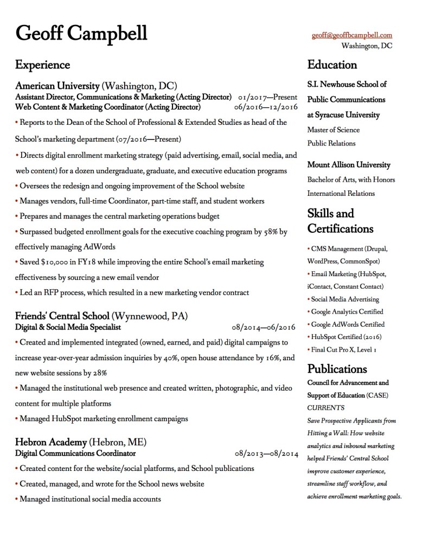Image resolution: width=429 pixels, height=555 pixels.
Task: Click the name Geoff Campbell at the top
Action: pyautogui.click(x=81, y=33)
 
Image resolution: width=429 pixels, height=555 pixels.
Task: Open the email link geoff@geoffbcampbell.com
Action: pyautogui.click(x=351, y=35)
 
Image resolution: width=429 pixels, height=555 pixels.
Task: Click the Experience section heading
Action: pyautogui.click(x=42, y=65)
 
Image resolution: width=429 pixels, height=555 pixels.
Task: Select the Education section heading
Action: pyautogui.click(x=332, y=65)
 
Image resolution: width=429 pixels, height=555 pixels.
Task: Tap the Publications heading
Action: pyautogui.click(x=337, y=369)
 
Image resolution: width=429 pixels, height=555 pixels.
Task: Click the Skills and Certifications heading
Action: pyautogui.click(x=340, y=220)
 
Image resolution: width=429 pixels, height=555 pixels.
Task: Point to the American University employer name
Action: pyautogui.click(x=57, y=86)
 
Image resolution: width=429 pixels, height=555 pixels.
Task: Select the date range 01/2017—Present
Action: pyautogui.click(x=267, y=97)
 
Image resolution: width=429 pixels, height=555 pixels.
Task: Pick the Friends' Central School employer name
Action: pyautogui.click(x=62, y=316)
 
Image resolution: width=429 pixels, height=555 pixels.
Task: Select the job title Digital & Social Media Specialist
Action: pyautogui.click(x=68, y=327)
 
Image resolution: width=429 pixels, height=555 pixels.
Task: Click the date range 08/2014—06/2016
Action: pyautogui.click(x=264, y=328)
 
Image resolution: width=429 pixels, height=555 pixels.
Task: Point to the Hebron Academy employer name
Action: pyautogui.click(x=50, y=441)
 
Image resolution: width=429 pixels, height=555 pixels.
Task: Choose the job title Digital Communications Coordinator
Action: pyautogui.click(x=75, y=452)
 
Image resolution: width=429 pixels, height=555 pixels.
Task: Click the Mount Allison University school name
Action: pyautogui.click(x=349, y=165)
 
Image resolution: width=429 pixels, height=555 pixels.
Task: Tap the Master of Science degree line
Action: pyautogui.click(x=333, y=130)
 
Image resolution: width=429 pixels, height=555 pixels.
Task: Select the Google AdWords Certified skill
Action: pyautogui.click(x=348, y=324)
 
